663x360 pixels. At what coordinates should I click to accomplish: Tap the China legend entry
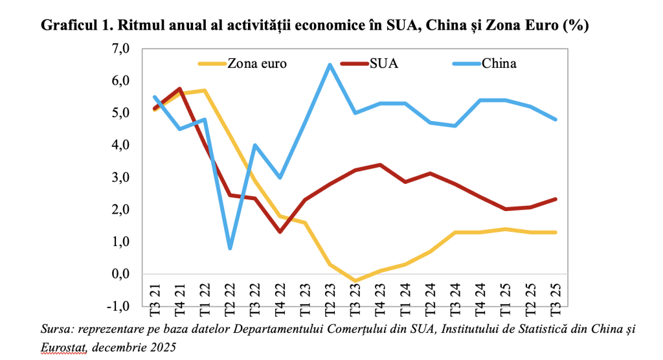[x=498, y=63]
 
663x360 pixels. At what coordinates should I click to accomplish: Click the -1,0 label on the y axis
[x=120, y=306]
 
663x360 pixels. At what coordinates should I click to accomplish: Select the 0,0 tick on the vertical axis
[x=122, y=274]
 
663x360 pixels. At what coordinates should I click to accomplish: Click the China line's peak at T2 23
[x=330, y=65]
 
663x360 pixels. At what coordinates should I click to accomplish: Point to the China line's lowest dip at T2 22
[x=230, y=248]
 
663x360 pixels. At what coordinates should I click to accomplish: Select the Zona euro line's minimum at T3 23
[x=355, y=281]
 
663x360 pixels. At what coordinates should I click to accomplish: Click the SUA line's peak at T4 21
[x=179, y=89]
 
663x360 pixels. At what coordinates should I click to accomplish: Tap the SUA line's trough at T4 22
[x=280, y=232]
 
